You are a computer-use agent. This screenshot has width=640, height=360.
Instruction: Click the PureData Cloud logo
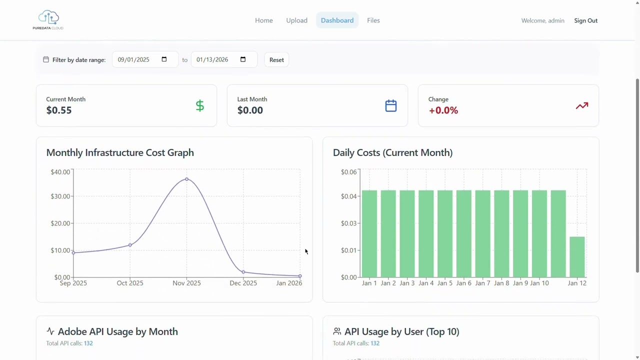click(48, 20)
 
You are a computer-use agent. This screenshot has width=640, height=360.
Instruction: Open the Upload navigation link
click(296, 20)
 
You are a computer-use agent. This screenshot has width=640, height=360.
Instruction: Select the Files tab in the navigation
click(373, 20)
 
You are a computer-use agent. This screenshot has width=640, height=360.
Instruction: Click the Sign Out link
click(585, 20)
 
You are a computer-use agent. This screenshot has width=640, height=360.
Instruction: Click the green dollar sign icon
click(200, 105)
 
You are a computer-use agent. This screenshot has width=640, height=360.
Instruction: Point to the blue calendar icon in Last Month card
click(391, 105)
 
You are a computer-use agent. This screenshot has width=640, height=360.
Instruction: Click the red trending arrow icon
click(581, 105)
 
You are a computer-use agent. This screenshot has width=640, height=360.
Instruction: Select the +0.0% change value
click(443, 110)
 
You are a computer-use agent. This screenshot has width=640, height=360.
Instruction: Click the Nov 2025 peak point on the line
click(186, 179)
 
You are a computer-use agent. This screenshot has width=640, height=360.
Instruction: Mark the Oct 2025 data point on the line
click(130, 245)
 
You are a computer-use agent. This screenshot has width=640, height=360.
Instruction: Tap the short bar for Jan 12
click(577, 257)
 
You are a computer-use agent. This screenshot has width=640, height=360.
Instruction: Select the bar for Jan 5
click(445, 233)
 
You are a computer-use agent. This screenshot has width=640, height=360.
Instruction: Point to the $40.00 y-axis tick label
click(60, 172)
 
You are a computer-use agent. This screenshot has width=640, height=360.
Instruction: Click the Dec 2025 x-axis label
click(243, 283)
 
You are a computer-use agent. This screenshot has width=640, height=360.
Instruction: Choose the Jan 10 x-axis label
click(539, 283)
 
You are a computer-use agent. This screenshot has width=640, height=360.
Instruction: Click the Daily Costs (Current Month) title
click(392, 152)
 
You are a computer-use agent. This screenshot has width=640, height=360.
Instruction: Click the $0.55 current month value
click(59, 110)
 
